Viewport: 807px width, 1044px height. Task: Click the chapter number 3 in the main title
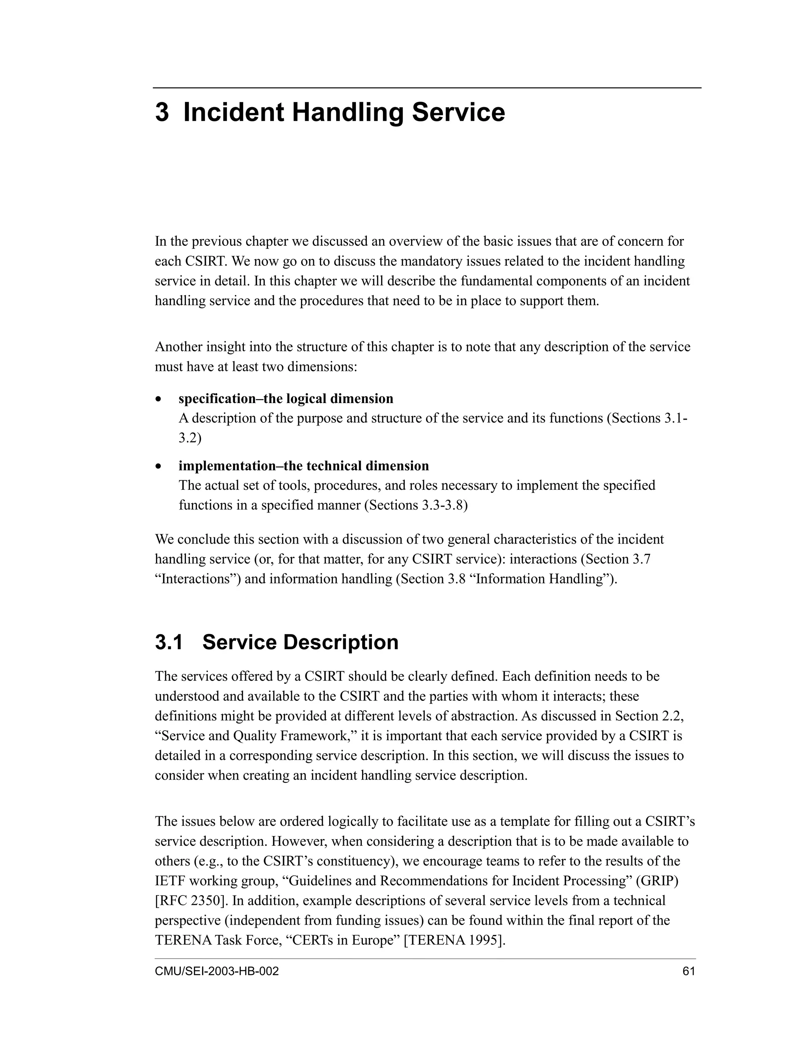[x=162, y=113]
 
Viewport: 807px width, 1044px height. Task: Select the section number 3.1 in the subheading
[x=169, y=642]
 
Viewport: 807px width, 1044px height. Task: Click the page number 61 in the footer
[x=689, y=972]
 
